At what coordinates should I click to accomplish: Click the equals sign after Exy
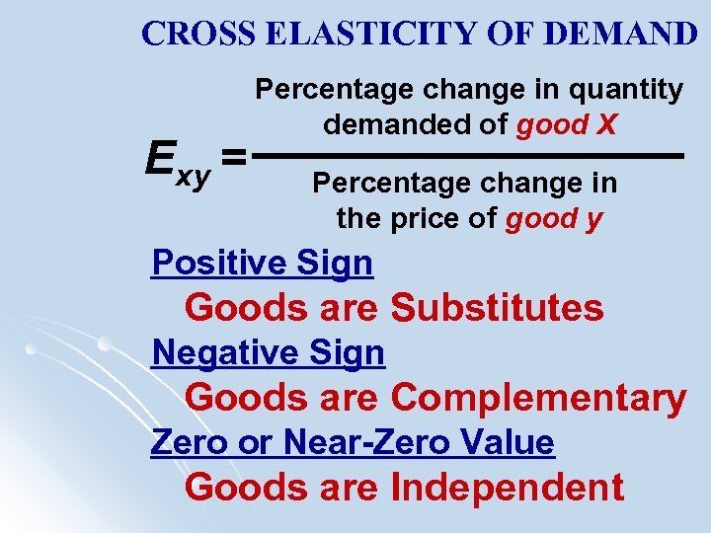coord(233,156)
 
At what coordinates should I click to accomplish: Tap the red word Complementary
coord(538,397)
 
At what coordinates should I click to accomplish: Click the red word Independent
coord(508,487)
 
